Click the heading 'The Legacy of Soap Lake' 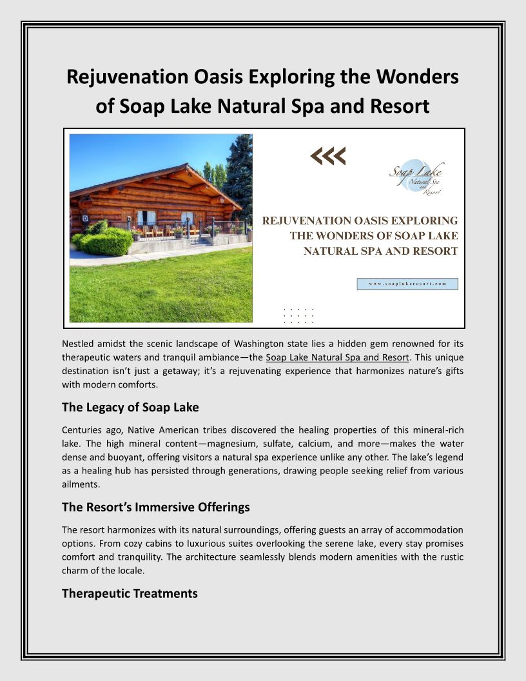(130, 407)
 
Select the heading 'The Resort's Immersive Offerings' (155, 507)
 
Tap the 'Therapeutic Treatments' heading (130, 593)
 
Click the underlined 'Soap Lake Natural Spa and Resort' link (337, 357)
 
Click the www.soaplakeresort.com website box (407, 284)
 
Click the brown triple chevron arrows (328, 155)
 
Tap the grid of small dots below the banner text (298, 315)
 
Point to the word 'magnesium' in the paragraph (239, 444)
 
